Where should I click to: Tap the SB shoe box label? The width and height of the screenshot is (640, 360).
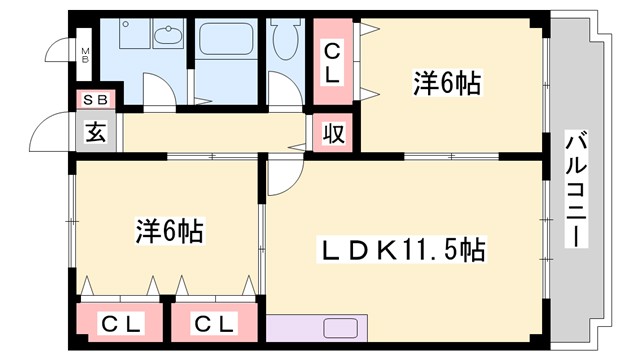point(97,99)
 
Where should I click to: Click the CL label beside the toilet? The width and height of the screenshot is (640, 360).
point(331,60)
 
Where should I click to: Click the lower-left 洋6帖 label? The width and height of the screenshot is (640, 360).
point(170,232)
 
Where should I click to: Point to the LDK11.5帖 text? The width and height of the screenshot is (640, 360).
point(403,248)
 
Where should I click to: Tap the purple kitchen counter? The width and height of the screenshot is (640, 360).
point(318,327)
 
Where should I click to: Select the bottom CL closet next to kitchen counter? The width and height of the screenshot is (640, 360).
point(214,324)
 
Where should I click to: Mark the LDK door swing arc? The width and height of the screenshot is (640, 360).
point(282,177)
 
